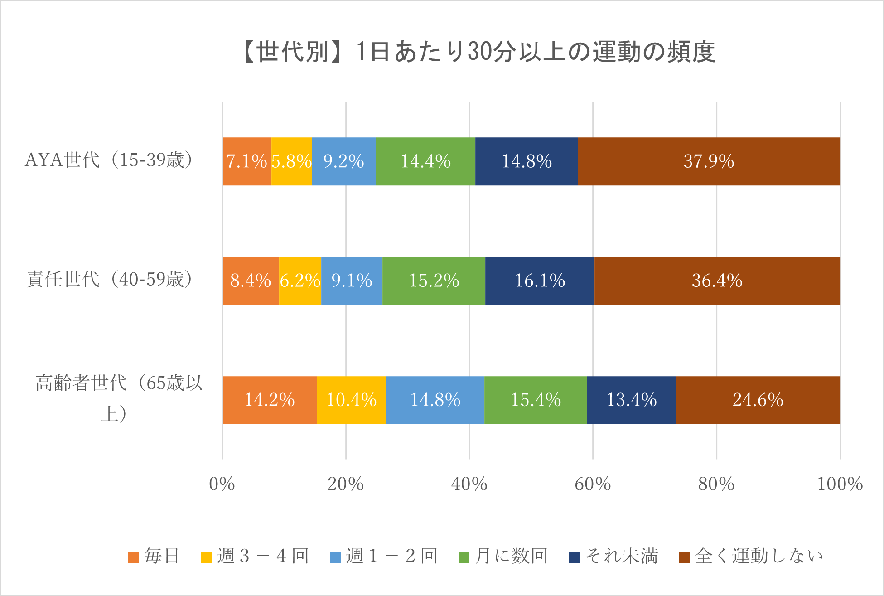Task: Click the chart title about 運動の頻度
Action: (x=478, y=51)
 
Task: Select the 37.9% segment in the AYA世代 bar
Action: (x=709, y=161)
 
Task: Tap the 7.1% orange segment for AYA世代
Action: (x=246, y=161)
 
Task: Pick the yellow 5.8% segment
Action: (x=291, y=161)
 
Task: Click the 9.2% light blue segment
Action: (x=343, y=161)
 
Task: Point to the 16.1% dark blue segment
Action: (x=540, y=281)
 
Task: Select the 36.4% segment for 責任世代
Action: (x=717, y=281)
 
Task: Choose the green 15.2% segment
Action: (x=434, y=281)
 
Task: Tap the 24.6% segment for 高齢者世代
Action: (x=758, y=400)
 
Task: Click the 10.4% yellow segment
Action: (x=351, y=400)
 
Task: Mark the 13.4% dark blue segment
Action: (x=631, y=400)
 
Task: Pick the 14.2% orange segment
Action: (x=270, y=400)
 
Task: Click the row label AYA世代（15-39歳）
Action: (x=109, y=160)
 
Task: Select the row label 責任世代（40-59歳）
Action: (x=109, y=279)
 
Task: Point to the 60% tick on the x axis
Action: (x=593, y=484)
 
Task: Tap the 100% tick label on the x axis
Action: (x=840, y=484)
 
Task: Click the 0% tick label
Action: (x=222, y=484)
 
